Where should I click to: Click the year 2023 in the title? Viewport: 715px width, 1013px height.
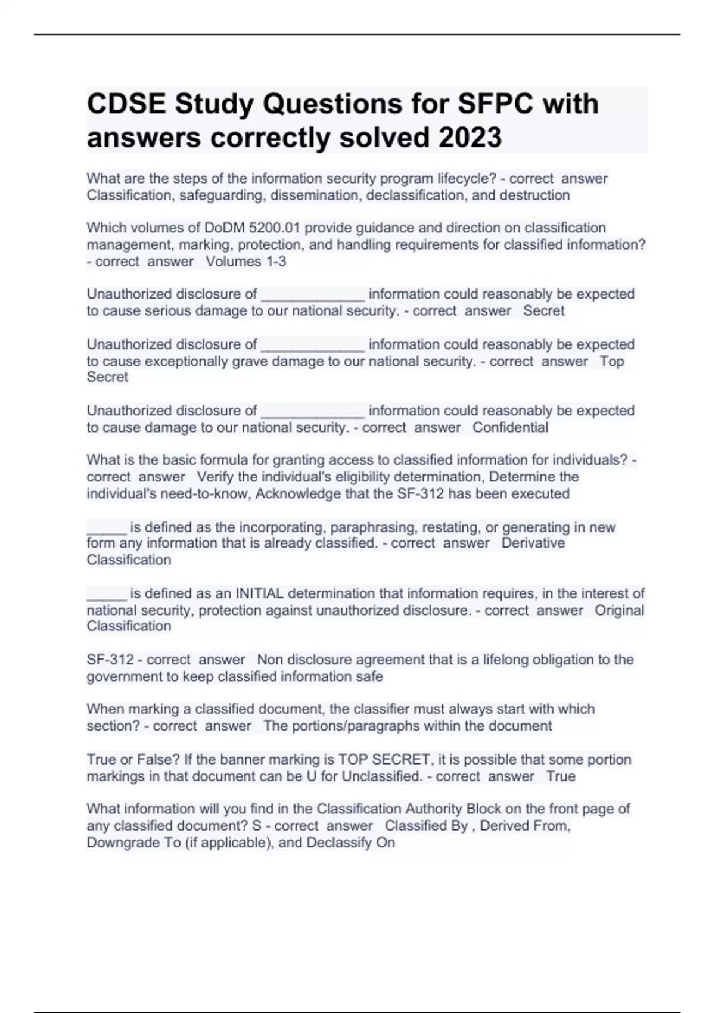(470, 138)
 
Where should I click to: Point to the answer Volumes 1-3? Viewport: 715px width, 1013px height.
(245, 262)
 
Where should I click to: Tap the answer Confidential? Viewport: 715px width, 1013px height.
(510, 427)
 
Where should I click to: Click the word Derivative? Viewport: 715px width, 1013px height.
(533, 543)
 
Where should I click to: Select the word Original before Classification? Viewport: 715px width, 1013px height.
(619, 610)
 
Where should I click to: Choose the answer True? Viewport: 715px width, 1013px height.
(561, 776)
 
